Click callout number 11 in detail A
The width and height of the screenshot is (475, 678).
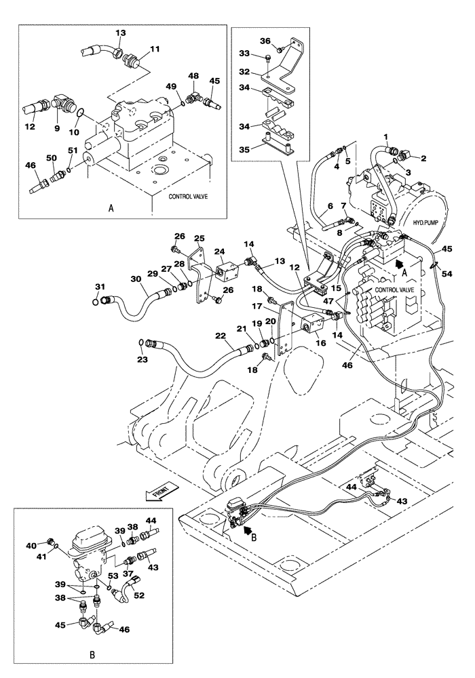point(155,49)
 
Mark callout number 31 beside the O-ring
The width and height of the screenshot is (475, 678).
point(100,286)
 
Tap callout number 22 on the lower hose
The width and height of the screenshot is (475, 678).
point(220,336)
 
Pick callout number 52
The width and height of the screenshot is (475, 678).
point(140,596)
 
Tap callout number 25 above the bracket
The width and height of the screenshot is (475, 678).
point(199,238)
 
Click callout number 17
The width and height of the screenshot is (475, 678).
point(278,306)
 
